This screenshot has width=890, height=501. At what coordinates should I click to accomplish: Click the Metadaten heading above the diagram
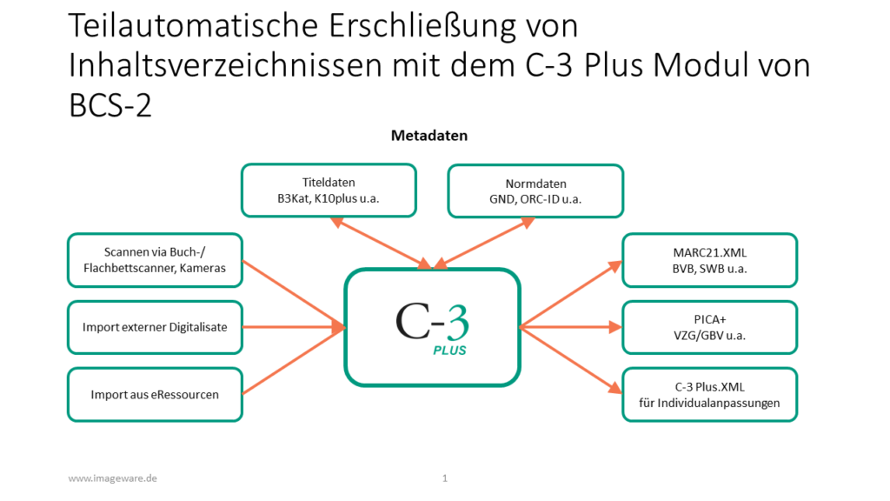coord(429,136)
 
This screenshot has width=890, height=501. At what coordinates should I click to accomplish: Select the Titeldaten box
coord(329,190)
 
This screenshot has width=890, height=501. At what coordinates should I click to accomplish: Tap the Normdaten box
coord(535,190)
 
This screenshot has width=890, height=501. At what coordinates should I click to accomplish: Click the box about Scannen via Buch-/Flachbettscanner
coord(155,260)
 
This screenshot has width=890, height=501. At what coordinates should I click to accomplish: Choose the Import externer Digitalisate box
coord(155,327)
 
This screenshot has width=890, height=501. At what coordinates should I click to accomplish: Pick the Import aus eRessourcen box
coord(155,395)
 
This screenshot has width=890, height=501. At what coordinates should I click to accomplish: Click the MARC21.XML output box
coord(709,260)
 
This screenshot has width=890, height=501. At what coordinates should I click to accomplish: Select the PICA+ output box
coord(709,327)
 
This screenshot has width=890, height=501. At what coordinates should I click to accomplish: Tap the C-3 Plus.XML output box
coord(709,395)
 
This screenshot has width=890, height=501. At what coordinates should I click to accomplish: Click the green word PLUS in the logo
coord(449,351)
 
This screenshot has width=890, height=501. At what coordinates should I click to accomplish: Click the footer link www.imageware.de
coord(112,478)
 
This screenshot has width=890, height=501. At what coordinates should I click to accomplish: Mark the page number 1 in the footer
coord(445,478)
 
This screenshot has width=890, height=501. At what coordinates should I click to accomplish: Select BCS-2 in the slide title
coord(110,105)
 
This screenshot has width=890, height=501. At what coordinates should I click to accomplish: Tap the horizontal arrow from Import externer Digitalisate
coord(294,327)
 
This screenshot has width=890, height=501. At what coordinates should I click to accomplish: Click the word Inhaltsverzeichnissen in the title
coord(226,65)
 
